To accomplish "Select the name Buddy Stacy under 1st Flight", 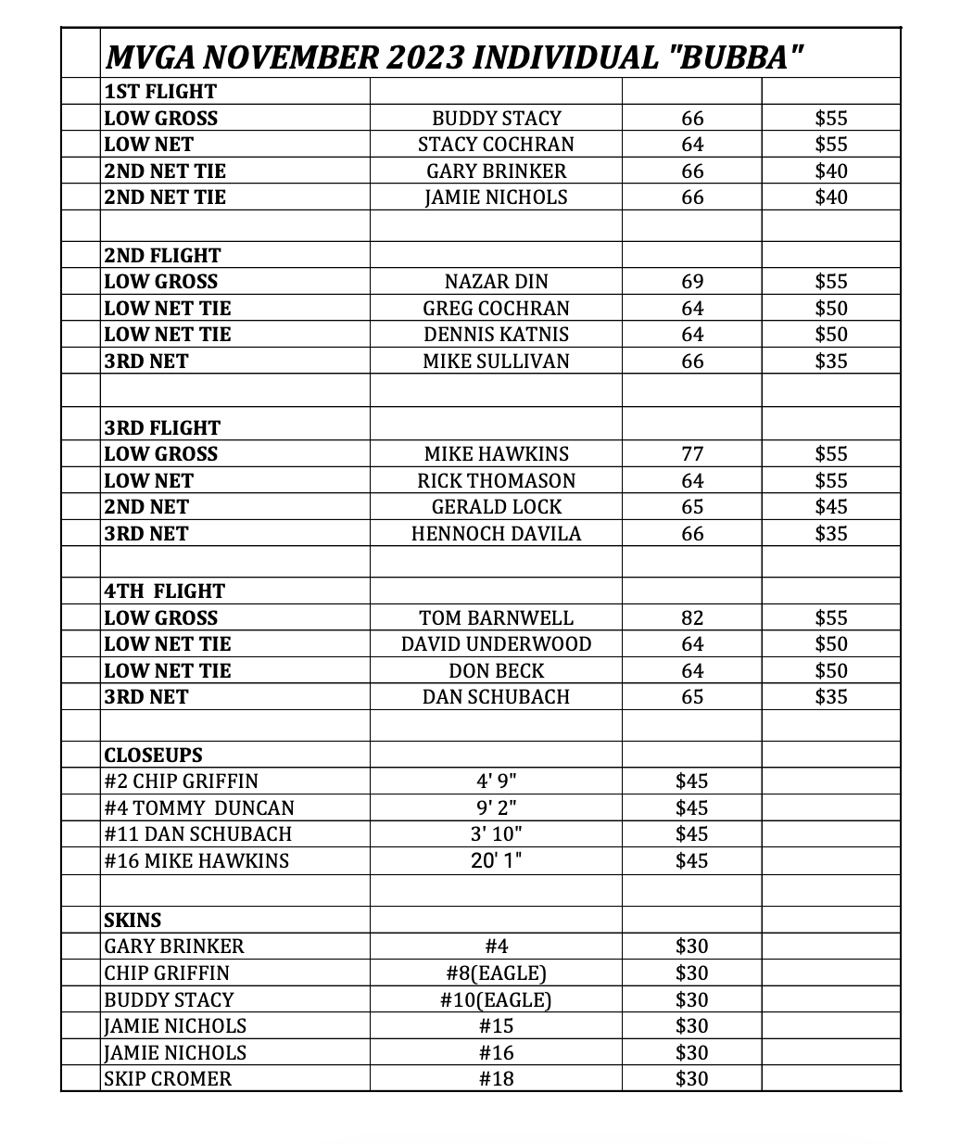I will (x=497, y=119).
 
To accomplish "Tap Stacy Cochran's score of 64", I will (x=692, y=145).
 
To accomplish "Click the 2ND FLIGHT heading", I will (x=162, y=256).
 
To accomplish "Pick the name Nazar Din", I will (x=497, y=282).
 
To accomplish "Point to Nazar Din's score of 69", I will (x=692, y=282).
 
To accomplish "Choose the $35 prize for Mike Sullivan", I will (x=831, y=362).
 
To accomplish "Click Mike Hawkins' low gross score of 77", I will (x=692, y=454).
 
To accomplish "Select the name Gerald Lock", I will (x=497, y=507).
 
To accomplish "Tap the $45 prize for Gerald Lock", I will (x=831, y=507).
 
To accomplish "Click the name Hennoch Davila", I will (x=497, y=534).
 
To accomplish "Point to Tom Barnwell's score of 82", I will (x=692, y=618).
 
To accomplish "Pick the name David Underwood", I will (x=497, y=644).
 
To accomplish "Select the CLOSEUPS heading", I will (x=153, y=756).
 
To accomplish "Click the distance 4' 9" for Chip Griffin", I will (x=497, y=782).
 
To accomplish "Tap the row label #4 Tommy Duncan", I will (x=199, y=808).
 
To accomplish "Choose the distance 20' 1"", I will (x=497, y=861).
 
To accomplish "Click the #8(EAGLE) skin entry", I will (x=497, y=973).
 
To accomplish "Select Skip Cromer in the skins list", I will (x=168, y=1079).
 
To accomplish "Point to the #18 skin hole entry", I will (x=497, y=1079).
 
